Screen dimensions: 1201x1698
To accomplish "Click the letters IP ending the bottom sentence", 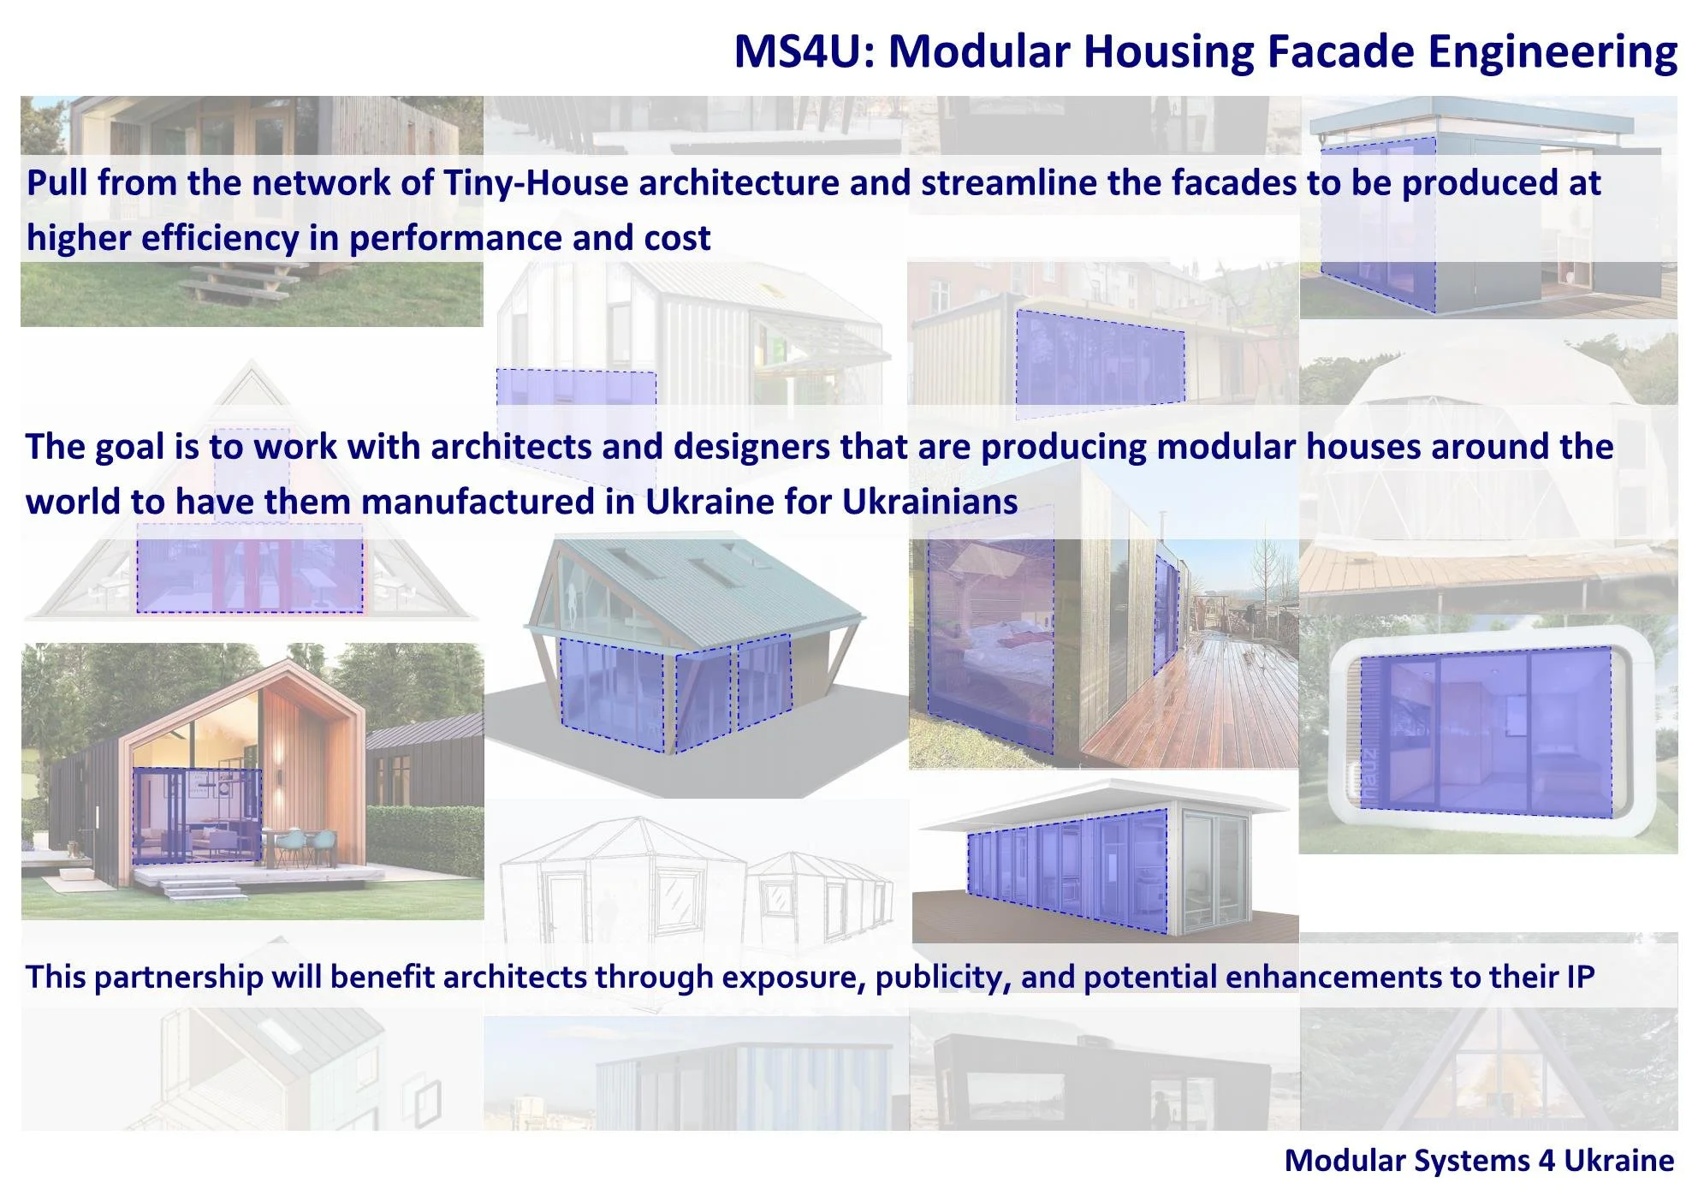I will click(x=1580, y=977).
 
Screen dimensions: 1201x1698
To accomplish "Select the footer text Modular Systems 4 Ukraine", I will click(x=1479, y=1161).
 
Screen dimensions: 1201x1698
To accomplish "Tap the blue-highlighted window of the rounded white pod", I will click(x=1485, y=732).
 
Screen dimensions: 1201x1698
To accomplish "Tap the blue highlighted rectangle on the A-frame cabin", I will click(x=249, y=575).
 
